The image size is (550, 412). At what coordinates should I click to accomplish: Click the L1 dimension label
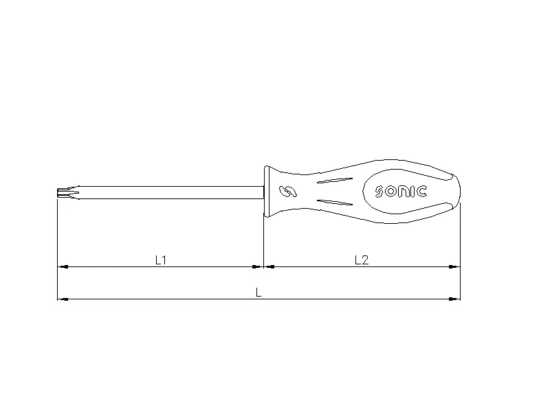pyautogui.click(x=161, y=260)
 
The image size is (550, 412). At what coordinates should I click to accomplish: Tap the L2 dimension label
pyautogui.click(x=362, y=260)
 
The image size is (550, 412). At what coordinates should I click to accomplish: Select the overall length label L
pyautogui.click(x=258, y=292)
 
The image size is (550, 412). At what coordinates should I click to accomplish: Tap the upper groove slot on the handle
pyautogui.click(x=336, y=181)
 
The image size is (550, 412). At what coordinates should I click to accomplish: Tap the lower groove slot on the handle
pyautogui.click(x=336, y=203)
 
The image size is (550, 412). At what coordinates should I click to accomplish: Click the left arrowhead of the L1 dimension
pyautogui.click(x=61, y=266)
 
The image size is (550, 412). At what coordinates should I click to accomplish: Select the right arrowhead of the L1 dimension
pyautogui.click(x=259, y=266)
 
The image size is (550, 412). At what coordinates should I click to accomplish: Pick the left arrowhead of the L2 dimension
pyautogui.click(x=269, y=266)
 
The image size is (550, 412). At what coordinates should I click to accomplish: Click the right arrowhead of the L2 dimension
pyautogui.click(x=455, y=266)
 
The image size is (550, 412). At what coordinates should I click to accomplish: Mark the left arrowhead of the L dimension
pyautogui.click(x=61, y=299)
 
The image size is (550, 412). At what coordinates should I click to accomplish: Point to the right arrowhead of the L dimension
pyautogui.click(x=455, y=299)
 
